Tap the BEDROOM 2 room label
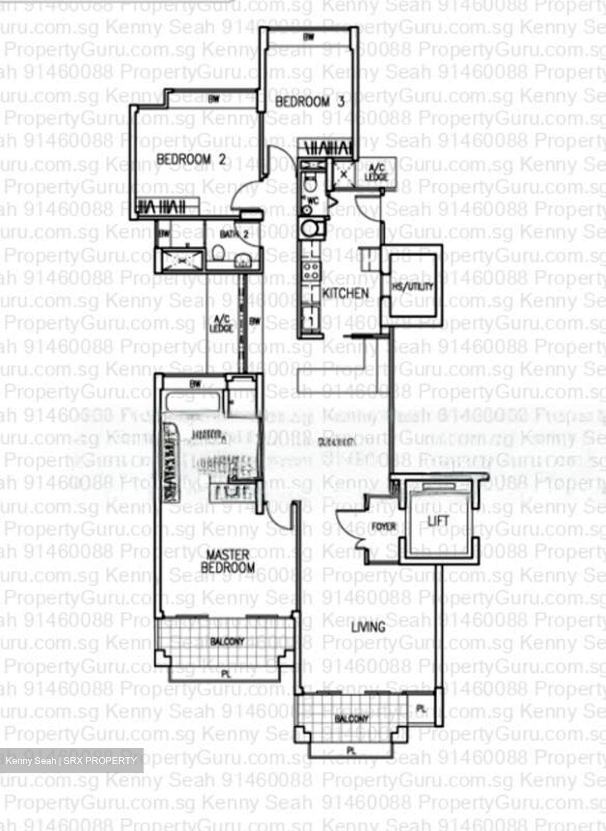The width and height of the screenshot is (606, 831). pos(191,159)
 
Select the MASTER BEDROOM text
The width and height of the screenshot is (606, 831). pos(228,561)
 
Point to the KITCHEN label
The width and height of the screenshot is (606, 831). pos(345,293)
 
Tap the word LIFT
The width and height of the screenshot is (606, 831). pos(438,521)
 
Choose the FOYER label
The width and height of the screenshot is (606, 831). pos(383,526)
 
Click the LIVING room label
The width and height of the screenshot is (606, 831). pos(368,627)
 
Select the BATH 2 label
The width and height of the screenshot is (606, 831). pos(235,234)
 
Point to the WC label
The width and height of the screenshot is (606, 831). pos(314,200)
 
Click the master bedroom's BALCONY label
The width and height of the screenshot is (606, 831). pos(227,641)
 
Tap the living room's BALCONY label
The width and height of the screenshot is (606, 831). pos(352,719)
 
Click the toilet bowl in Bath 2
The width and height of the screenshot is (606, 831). pos(219,253)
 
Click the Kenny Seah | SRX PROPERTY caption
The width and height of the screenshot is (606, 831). pos(71,761)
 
